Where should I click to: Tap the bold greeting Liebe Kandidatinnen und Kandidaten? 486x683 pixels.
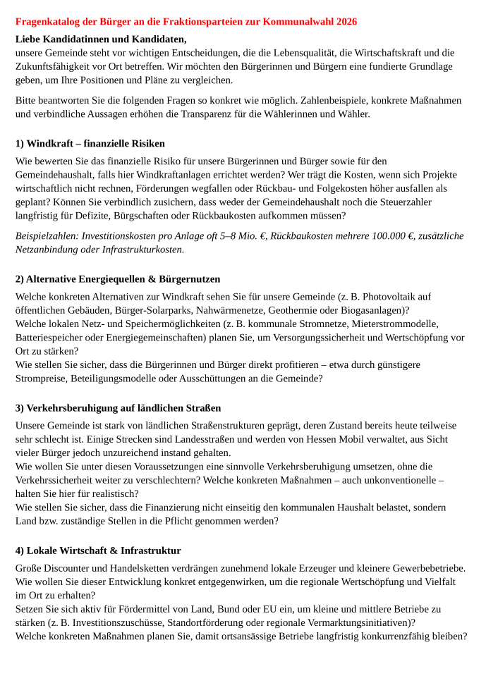pyautogui.click(x=101, y=39)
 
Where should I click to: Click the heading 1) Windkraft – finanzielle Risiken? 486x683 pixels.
pyautogui.click(x=90, y=144)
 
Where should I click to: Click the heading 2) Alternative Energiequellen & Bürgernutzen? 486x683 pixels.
pyautogui.click(x=118, y=279)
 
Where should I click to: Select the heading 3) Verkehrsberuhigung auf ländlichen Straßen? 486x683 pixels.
pyautogui.click(x=118, y=408)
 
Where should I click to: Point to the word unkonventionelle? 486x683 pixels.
pyautogui.click(x=398, y=479)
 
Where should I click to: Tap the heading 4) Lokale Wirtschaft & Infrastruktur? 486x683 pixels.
pyautogui.click(x=98, y=550)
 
